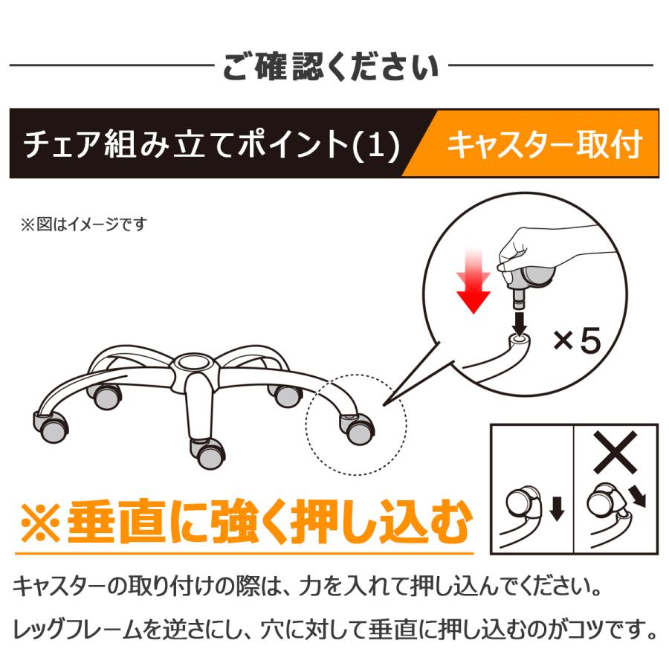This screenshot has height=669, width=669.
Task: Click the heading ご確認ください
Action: click(331, 68)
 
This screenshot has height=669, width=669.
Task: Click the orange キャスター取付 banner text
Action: click(543, 144)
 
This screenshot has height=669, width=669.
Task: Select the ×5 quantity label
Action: click(576, 343)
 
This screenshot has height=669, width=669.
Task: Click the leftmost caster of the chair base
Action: click(52, 426)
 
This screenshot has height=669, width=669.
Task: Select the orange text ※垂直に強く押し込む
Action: click(245, 523)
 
